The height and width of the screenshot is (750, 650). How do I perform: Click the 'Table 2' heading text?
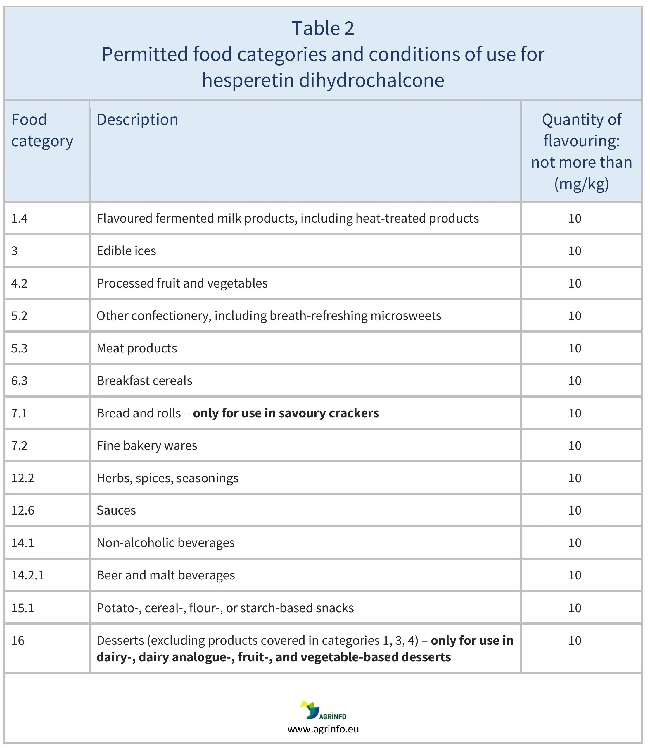pos(323,28)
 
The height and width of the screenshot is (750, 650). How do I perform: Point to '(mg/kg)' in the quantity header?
pos(581,184)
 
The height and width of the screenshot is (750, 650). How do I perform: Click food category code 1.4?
pos(19,219)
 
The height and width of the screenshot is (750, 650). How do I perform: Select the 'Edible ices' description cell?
pos(126,251)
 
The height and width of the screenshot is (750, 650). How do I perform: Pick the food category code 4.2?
pos(19,283)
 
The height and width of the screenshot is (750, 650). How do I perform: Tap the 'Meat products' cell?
pos(136,348)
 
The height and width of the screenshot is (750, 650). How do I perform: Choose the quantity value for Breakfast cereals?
pos(575,381)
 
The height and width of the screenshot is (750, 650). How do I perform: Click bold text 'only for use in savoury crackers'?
pos(286,413)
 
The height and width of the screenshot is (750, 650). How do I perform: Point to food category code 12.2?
pos(23,478)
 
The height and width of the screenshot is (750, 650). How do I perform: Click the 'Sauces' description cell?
pos(116,510)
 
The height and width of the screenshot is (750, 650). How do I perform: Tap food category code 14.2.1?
pos(27,575)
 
